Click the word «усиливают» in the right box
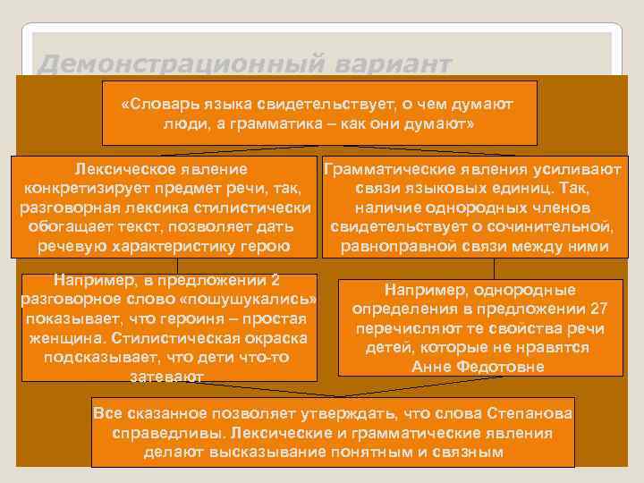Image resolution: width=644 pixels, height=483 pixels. (571, 167)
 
